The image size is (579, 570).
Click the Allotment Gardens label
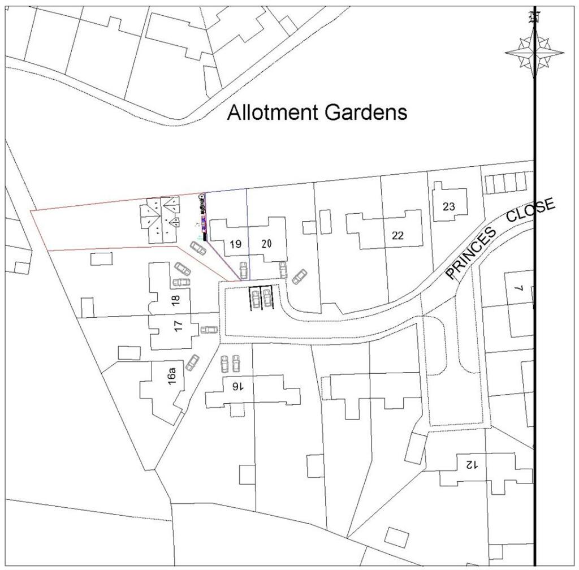click(x=317, y=113)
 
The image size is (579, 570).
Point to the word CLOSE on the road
click(x=531, y=211)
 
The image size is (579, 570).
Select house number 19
click(x=236, y=244)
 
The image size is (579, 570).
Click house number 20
click(x=267, y=244)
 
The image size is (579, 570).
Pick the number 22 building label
click(x=397, y=236)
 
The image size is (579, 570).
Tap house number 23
click(x=448, y=206)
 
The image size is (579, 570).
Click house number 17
click(x=179, y=326)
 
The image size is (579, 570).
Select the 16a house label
click(x=172, y=376)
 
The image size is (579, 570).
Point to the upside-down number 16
click(x=237, y=386)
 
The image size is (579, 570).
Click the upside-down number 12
click(x=472, y=464)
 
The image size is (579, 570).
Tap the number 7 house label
click(x=522, y=288)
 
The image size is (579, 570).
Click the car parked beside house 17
click(x=209, y=330)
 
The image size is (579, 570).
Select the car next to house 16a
click(x=192, y=362)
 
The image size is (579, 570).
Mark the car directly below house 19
click(x=243, y=270)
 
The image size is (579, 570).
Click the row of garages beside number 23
click(x=505, y=183)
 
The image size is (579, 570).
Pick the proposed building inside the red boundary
click(x=161, y=221)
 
